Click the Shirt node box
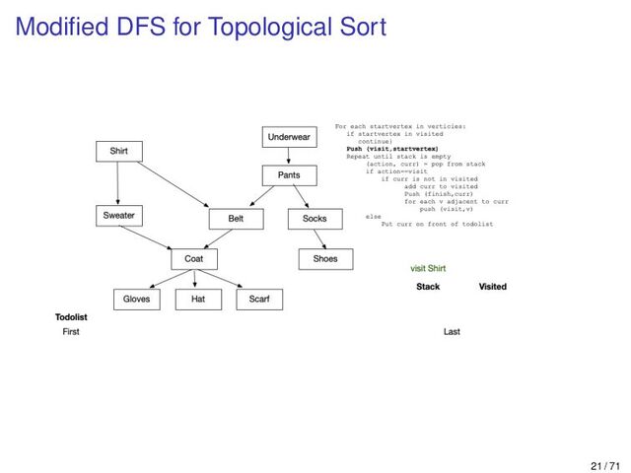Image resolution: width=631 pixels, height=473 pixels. (x=119, y=151)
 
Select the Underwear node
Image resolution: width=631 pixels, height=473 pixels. (x=290, y=137)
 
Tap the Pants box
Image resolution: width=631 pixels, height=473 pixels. (x=290, y=175)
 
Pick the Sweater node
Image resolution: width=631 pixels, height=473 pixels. (x=118, y=215)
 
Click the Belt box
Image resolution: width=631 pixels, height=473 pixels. (x=236, y=219)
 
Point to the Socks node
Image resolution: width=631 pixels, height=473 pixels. (x=315, y=219)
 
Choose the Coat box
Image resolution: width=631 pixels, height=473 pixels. (x=194, y=259)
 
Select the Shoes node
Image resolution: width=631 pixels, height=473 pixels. (x=324, y=259)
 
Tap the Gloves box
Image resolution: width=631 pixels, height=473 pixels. (x=137, y=299)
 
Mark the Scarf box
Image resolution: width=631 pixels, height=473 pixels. (x=259, y=299)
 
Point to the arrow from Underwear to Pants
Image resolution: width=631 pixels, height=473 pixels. (x=288, y=157)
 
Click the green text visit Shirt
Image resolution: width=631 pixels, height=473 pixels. (x=428, y=268)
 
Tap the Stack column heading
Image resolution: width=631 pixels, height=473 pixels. (x=428, y=287)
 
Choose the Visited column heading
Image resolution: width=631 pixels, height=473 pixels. (x=492, y=287)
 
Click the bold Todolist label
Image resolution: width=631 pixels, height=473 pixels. (x=72, y=317)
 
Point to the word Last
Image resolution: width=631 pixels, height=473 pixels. (x=452, y=332)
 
